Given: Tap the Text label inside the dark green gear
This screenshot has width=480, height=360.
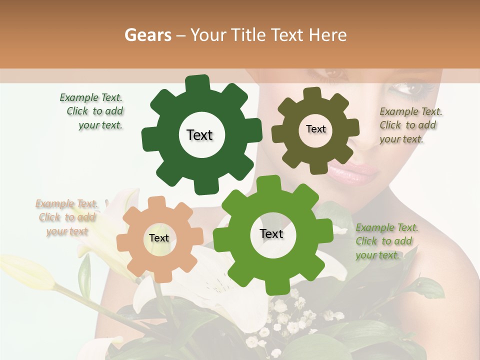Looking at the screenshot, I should pos(199,135).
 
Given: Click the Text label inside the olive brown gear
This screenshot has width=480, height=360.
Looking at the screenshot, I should pos(315,129).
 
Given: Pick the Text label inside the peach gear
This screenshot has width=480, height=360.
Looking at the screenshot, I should pos(159,238).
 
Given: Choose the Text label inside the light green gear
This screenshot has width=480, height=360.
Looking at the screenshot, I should pos(271,233).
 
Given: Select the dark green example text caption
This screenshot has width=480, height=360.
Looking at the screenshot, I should pos(93,111).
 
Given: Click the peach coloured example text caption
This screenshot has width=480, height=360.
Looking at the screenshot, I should pos(67,217).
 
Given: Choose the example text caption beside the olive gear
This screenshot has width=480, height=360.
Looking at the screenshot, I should pos(409,125).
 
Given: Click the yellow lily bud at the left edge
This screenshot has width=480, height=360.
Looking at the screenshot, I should pos(25,272).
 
